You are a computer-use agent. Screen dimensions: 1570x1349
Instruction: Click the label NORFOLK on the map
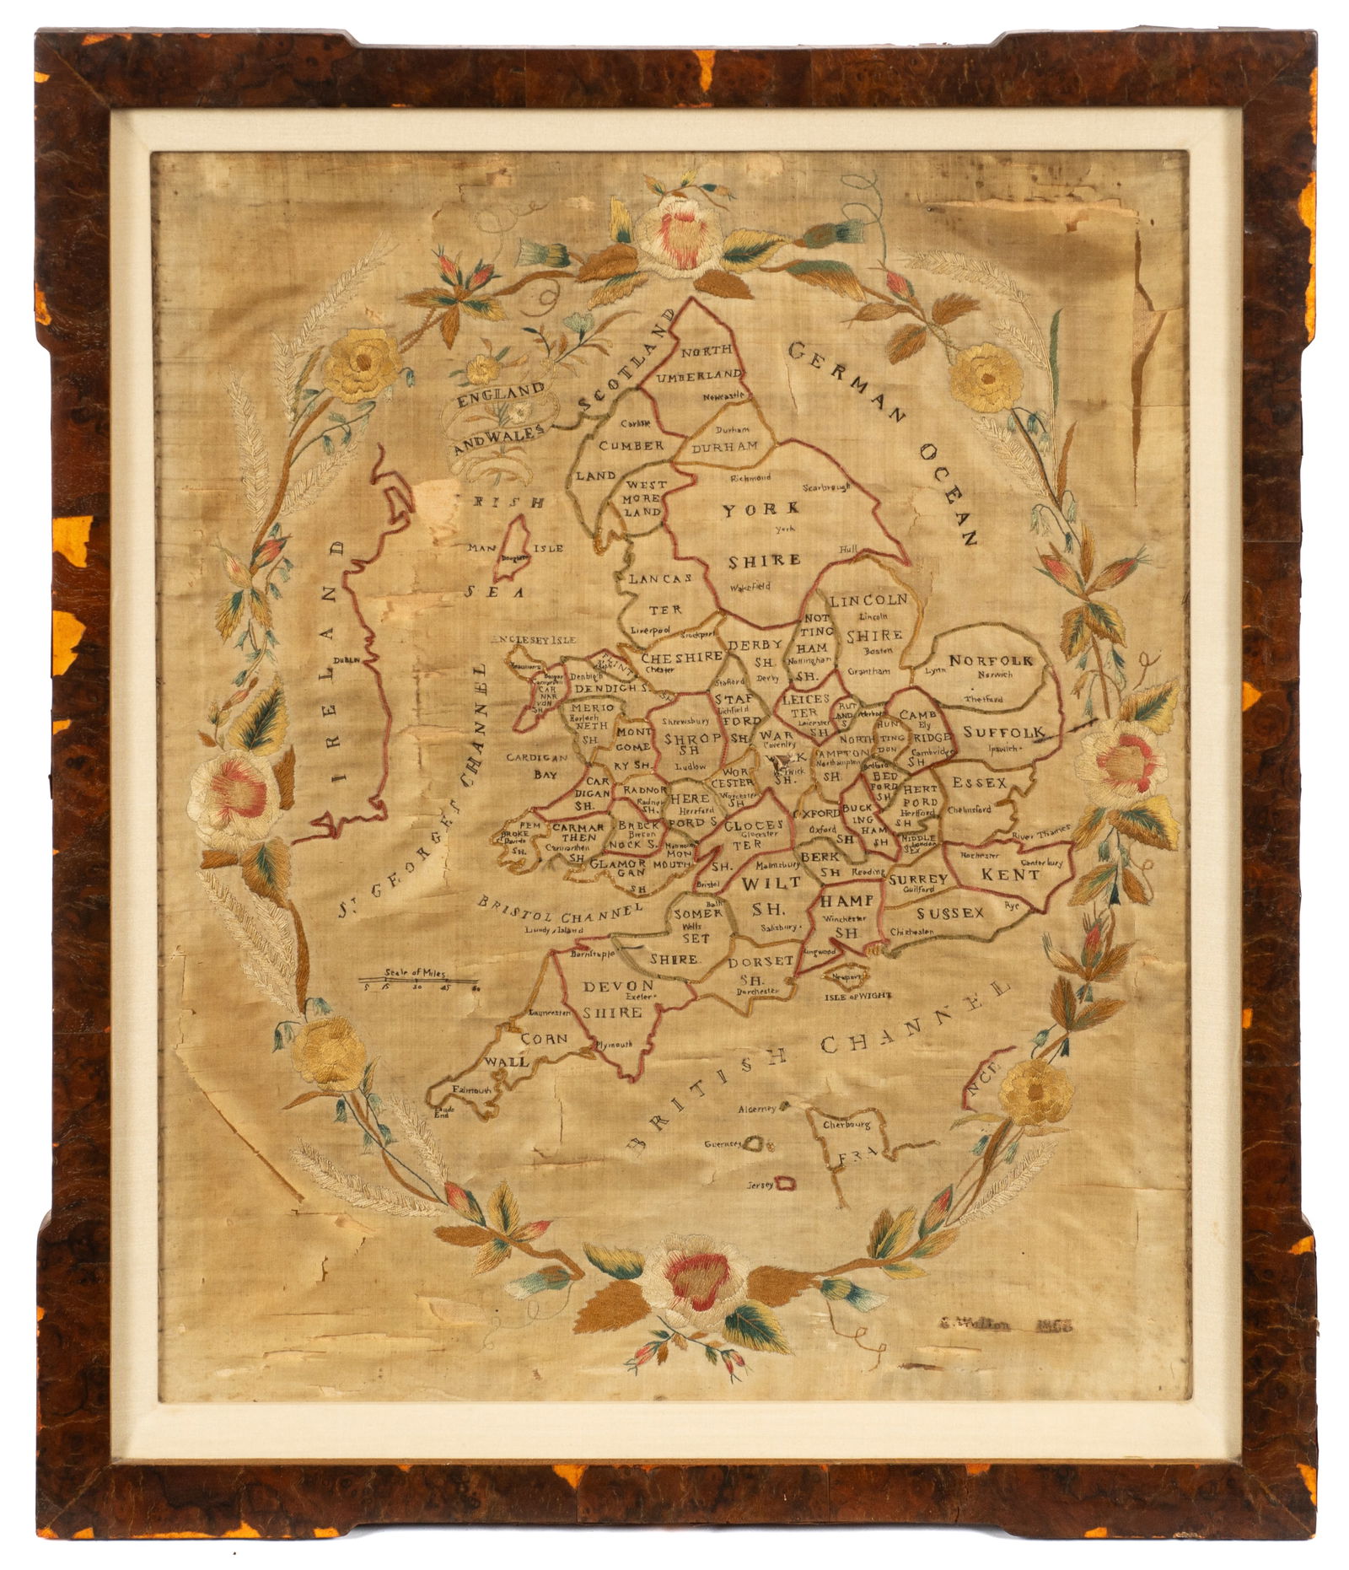991,661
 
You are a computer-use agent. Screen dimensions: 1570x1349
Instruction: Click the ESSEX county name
979,783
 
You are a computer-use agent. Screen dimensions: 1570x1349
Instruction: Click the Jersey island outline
785,1185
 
